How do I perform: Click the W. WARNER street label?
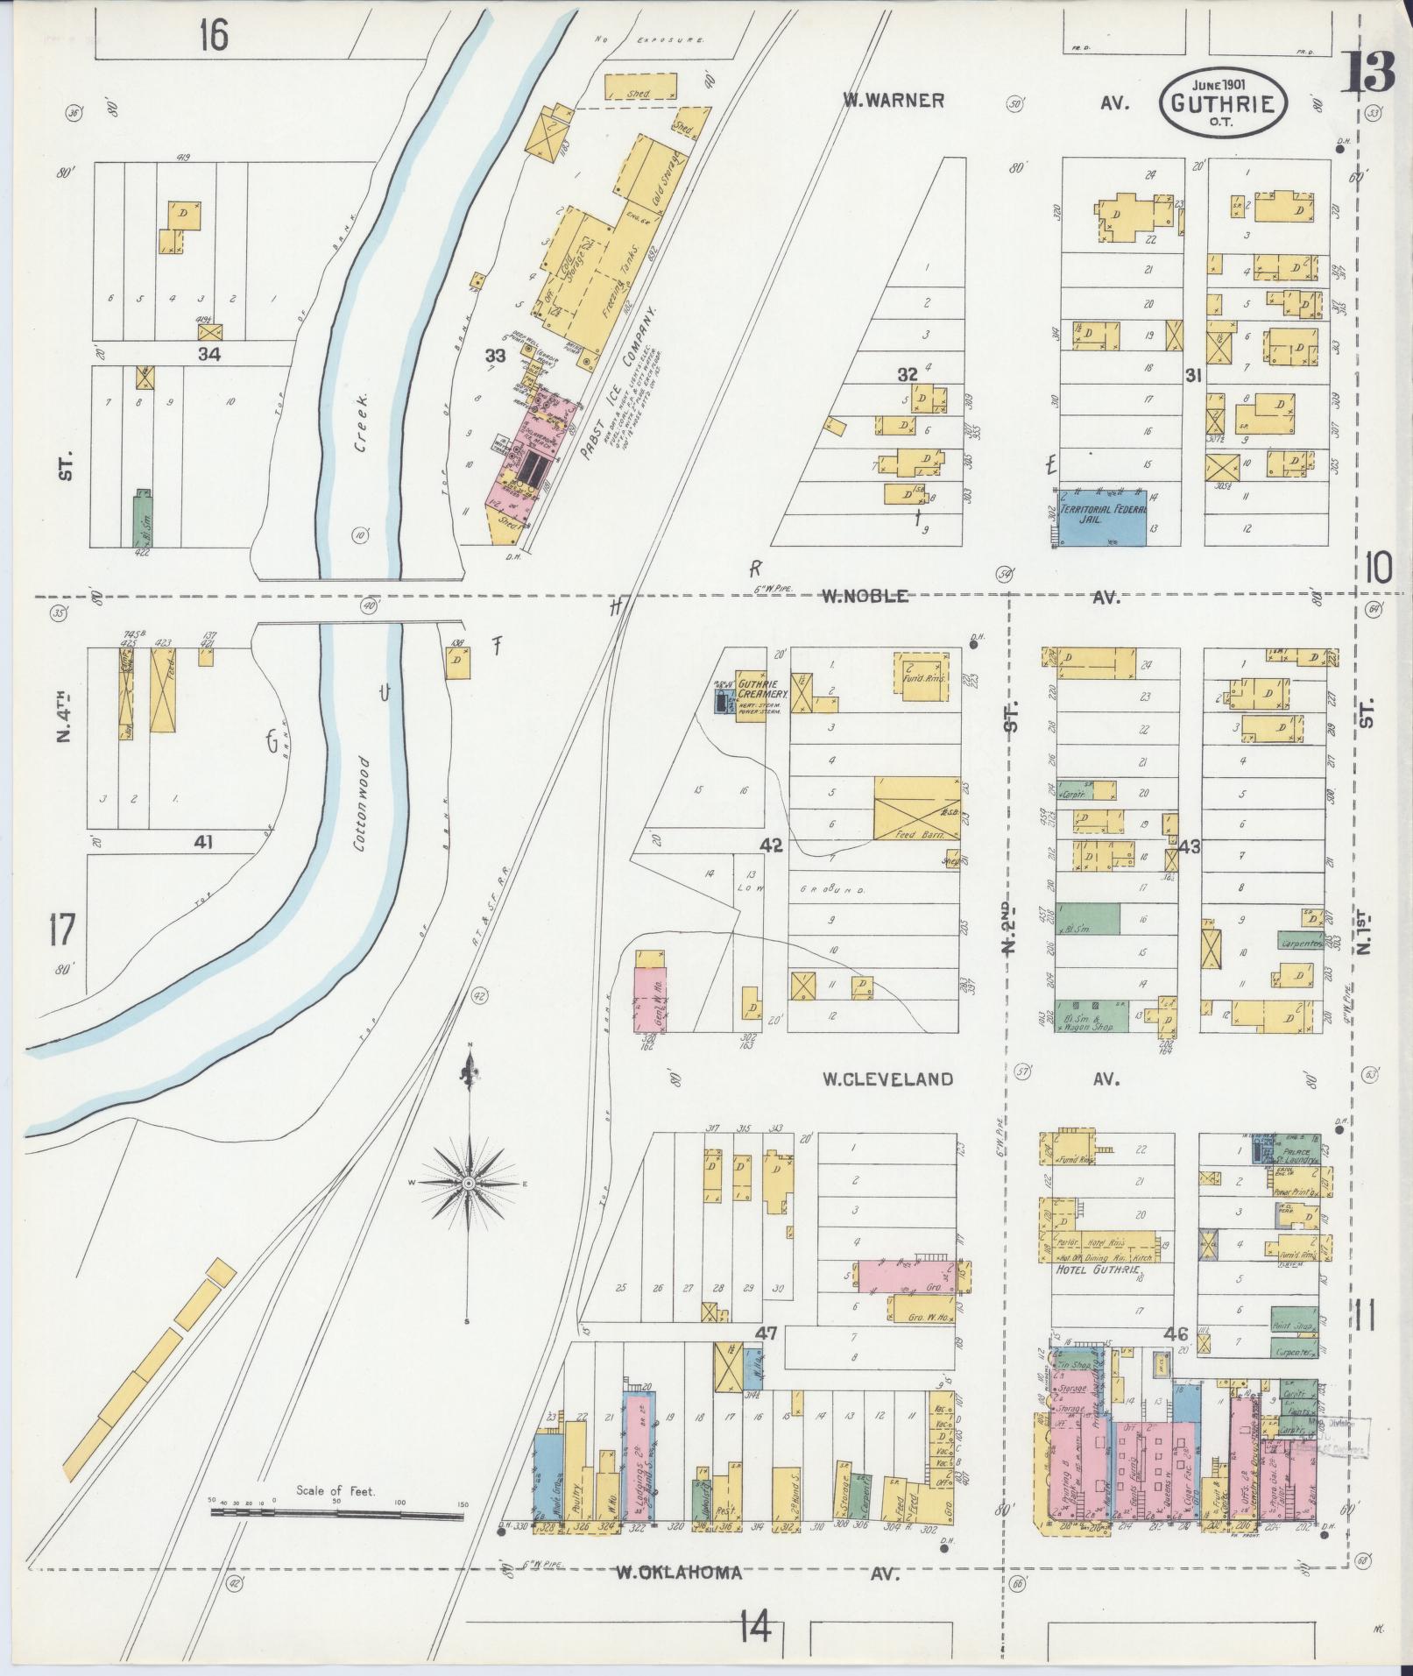(894, 101)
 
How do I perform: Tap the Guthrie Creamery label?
(764, 688)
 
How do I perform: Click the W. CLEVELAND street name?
(887, 1078)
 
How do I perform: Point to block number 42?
(771, 845)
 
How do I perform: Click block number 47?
(767, 1333)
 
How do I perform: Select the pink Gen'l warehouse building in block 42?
(652, 1000)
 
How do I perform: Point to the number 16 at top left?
(213, 35)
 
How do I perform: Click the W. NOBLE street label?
(863, 597)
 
